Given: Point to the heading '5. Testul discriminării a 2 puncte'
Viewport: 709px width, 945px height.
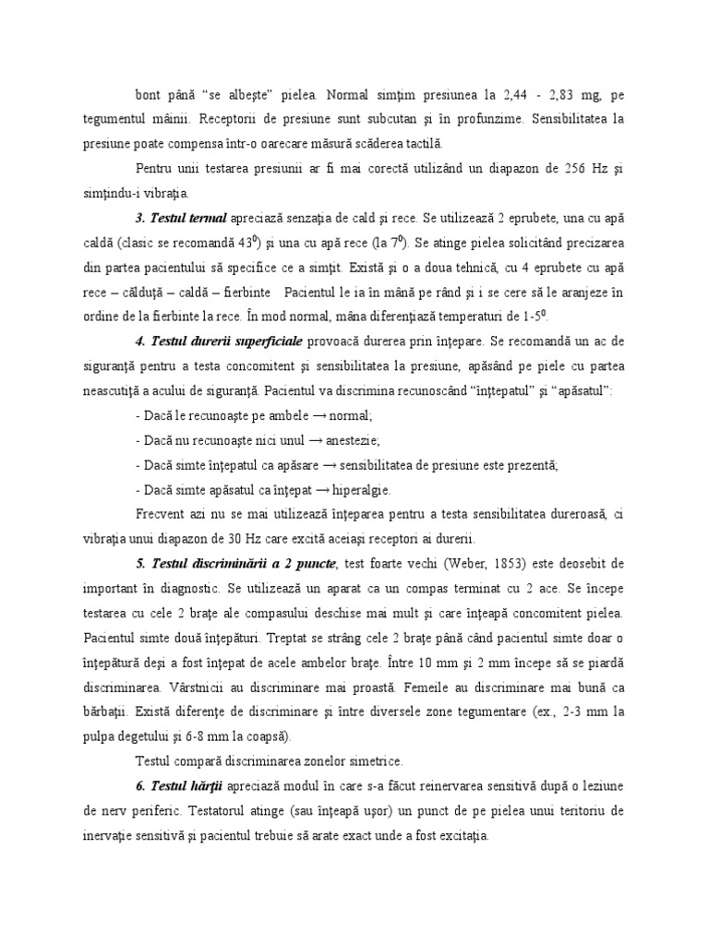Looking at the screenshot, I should (234, 563).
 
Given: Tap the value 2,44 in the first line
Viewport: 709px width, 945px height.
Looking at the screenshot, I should (521, 94).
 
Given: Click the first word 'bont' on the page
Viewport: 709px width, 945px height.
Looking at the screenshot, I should (149, 94).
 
